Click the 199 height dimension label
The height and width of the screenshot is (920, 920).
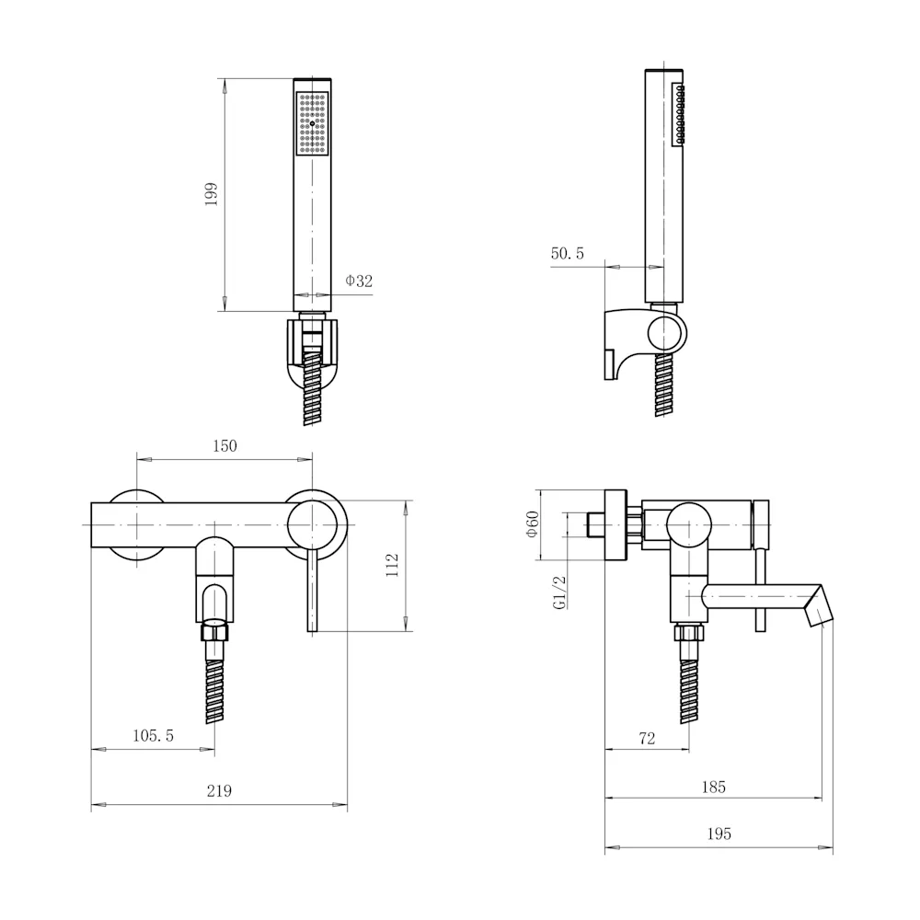tap(212, 194)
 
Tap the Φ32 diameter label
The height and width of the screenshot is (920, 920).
tap(359, 281)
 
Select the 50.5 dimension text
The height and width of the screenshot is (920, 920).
tap(568, 254)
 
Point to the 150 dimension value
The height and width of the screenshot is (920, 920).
tap(224, 446)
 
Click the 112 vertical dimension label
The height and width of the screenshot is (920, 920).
tap(392, 565)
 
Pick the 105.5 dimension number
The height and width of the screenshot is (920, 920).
tap(153, 736)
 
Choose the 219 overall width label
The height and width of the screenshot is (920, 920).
tap(220, 791)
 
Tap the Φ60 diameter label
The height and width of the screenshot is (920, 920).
tap(532, 524)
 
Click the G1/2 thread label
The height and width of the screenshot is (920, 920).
tap(559, 592)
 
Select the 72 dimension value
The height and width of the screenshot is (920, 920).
tap(647, 739)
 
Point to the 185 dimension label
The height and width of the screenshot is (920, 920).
tap(714, 788)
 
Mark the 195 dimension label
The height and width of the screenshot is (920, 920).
tap(719, 834)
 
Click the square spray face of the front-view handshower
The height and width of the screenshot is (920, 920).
tap(312, 123)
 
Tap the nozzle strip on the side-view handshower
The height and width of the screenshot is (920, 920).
tap(679, 114)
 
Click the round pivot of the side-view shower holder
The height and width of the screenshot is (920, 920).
tap(667, 333)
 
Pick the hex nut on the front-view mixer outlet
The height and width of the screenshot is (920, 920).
tap(214, 633)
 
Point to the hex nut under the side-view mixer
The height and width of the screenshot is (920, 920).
tap(689, 633)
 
